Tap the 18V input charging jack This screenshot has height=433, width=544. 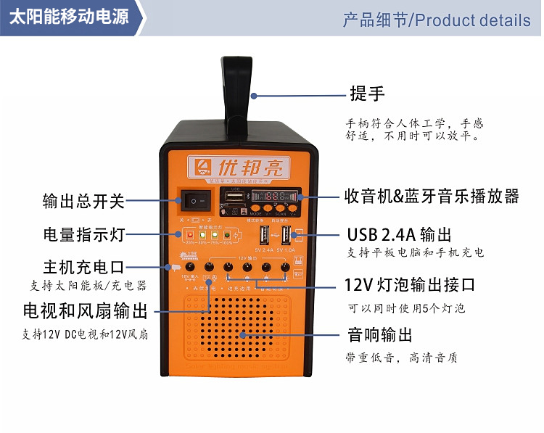pyautogui.click(x=191, y=268)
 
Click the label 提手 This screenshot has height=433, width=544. pyautogui.click(x=367, y=94)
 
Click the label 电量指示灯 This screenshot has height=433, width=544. pyautogui.click(x=83, y=235)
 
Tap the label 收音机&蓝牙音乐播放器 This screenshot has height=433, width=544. pyautogui.click(x=432, y=196)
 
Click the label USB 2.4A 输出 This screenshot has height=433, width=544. pyautogui.click(x=399, y=234)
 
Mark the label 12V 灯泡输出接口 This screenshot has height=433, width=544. pyautogui.click(x=411, y=284)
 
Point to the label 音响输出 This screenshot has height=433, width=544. pyautogui.click(x=380, y=334)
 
